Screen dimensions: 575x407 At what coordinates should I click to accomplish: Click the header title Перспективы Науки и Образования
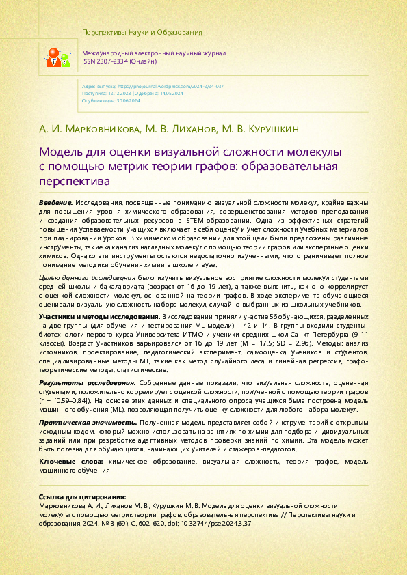(x=142, y=33)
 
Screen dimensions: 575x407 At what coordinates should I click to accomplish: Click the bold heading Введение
(x=55, y=204)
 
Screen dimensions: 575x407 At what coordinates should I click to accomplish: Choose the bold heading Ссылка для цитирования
(x=82, y=496)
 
